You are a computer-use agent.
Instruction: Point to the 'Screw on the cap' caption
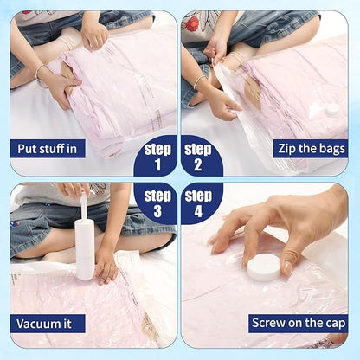[298, 324]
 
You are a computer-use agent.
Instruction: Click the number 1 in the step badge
[157, 164]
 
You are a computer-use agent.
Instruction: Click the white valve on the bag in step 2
[332, 110]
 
